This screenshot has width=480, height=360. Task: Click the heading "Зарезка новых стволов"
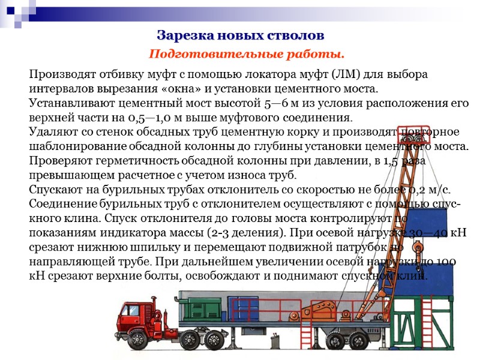coord(240,35)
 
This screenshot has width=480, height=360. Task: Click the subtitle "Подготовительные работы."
coord(247,55)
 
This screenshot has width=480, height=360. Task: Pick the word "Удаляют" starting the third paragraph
coord(51,131)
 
